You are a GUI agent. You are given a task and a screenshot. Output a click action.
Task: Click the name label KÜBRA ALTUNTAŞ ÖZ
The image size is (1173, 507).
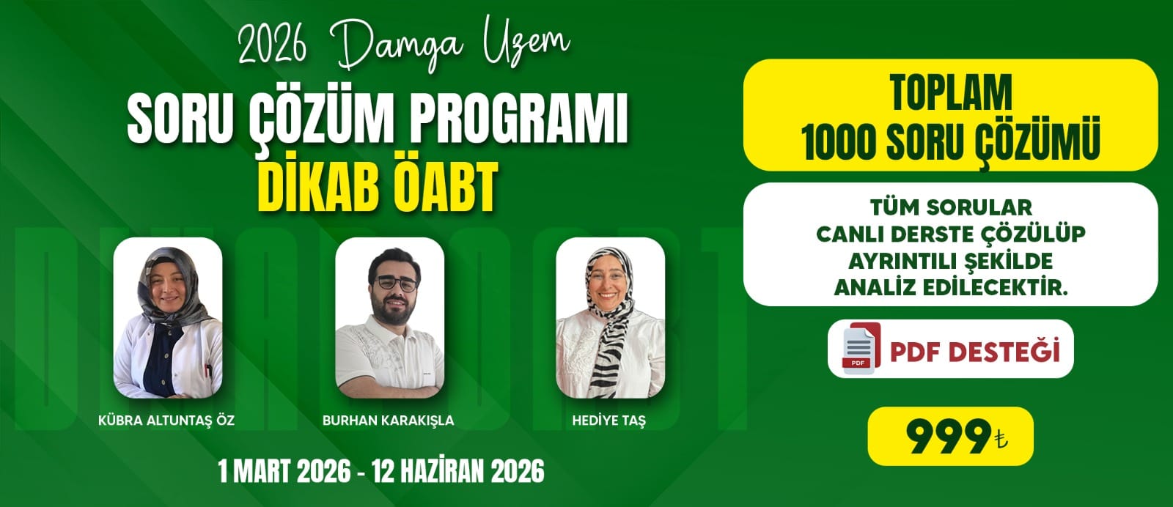[x=166, y=420]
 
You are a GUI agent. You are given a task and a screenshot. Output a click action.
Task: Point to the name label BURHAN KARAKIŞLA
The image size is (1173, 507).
[x=388, y=420]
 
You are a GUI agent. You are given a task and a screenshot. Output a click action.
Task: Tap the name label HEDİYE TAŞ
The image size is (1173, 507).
[x=609, y=420]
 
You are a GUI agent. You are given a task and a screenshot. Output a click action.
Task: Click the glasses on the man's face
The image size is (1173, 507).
[x=397, y=284]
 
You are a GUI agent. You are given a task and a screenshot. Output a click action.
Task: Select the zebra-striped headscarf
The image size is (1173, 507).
[x=610, y=319]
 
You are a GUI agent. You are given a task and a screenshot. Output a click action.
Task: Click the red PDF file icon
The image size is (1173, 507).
[x=861, y=348]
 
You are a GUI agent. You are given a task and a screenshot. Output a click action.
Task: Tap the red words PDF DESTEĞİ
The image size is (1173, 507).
[x=975, y=350]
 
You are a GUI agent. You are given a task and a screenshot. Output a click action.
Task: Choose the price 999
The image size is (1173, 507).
[x=949, y=437]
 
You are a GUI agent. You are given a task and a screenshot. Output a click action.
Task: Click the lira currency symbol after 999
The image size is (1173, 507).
[x=1000, y=440]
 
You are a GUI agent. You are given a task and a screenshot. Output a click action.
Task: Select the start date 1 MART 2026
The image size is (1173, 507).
[x=284, y=471]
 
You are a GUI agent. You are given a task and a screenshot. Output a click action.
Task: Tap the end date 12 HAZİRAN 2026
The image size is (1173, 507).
[x=458, y=471]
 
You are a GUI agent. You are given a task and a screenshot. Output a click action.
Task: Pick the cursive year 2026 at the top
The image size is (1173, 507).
[x=272, y=45]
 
